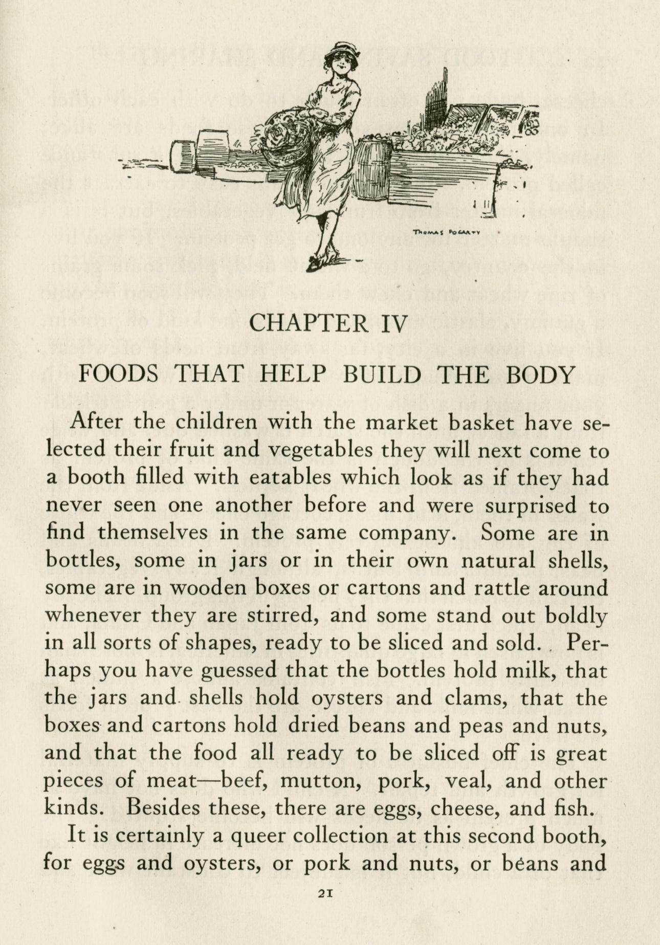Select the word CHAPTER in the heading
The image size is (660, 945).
coord(309,323)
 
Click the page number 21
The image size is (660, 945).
coord(326,892)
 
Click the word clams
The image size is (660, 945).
coord(466,698)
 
